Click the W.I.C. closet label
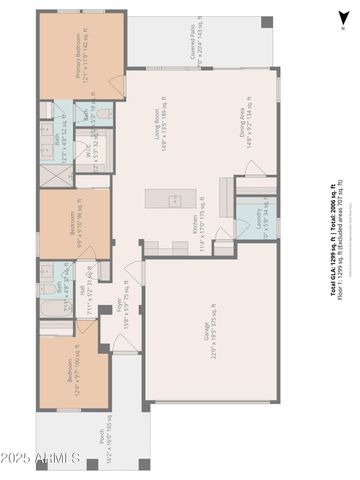click(x=91, y=158)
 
